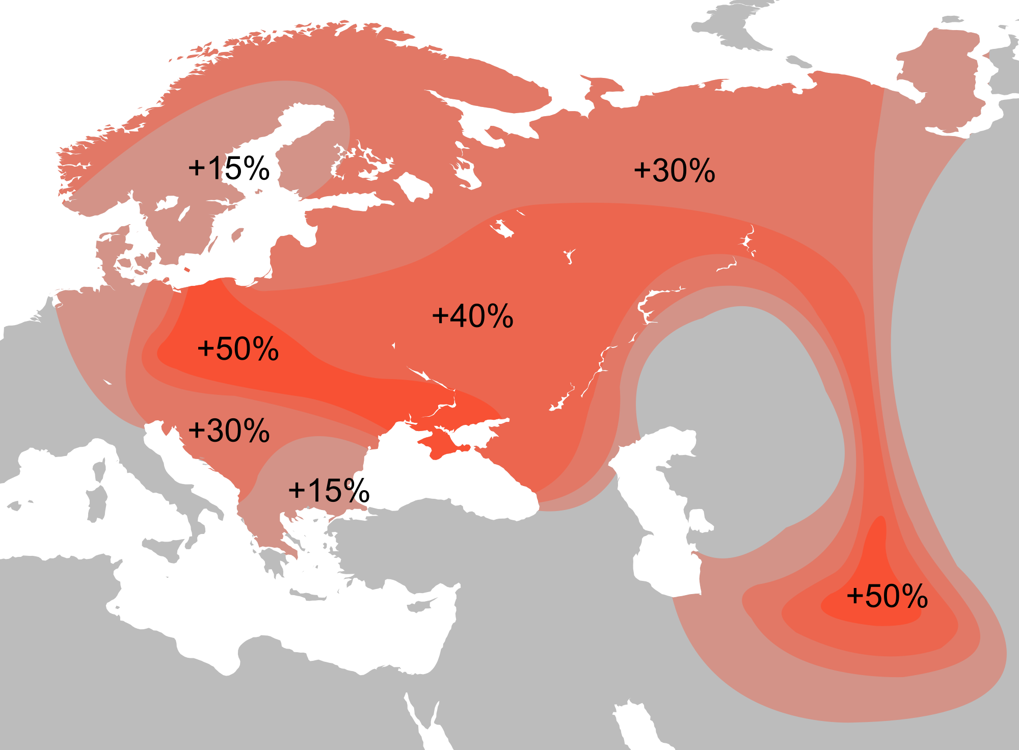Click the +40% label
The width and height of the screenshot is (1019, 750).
point(472,316)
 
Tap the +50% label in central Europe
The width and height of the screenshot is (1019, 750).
point(238,349)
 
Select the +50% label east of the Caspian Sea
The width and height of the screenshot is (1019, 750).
point(887,596)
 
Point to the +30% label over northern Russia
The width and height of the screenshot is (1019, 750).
point(674,170)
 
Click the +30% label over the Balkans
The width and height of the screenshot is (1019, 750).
point(229,431)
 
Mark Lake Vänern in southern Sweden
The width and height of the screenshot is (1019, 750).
point(167,203)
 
